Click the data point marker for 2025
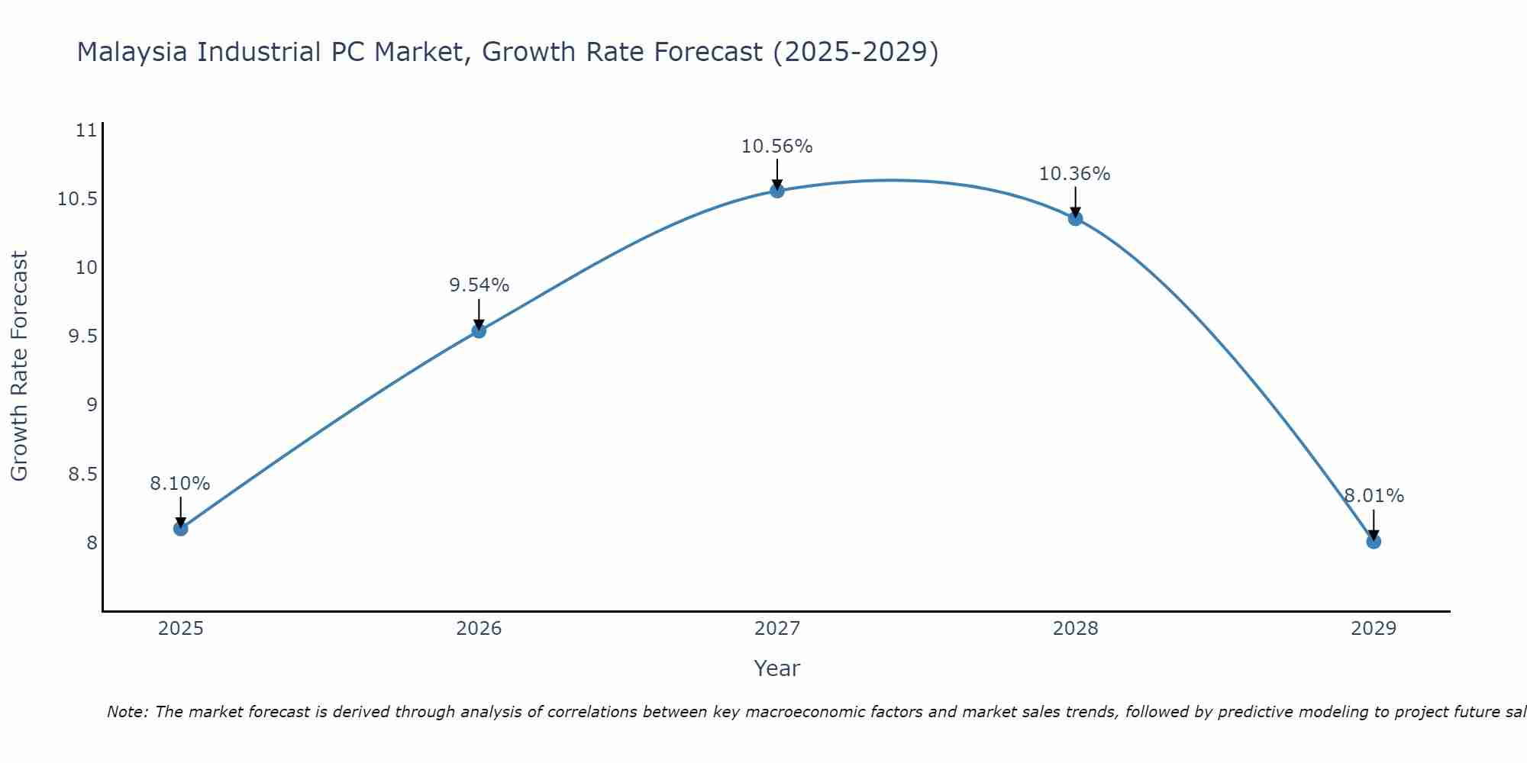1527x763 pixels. pyautogui.click(x=180, y=528)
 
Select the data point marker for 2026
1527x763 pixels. pyautogui.click(x=479, y=330)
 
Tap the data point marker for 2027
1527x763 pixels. pyautogui.click(x=777, y=191)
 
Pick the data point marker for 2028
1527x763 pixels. pyautogui.click(x=1075, y=218)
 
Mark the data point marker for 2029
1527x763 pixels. pyautogui.click(x=1374, y=542)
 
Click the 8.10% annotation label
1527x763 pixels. pyautogui.click(x=180, y=484)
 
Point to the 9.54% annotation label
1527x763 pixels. pyautogui.click(x=479, y=285)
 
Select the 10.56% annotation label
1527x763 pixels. pyautogui.click(x=777, y=146)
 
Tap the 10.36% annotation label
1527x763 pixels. pyautogui.click(x=1075, y=174)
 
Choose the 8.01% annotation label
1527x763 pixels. pyautogui.click(x=1374, y=496)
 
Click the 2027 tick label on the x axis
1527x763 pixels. pyautogui.click(x=777, y=629)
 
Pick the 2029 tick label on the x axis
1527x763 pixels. pyautogui.click(x=1374, y=629)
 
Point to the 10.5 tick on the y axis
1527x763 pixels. pyautogui.click(x=77, y=199)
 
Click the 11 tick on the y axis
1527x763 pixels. pyautogui.click(x=87, y=130)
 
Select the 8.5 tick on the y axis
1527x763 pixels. pyautogui.click(x=82, y=474)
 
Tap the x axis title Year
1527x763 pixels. pyautogui.click(x=777, y=668)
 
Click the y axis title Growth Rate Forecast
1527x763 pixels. pyautogui.click(x=19, y=365)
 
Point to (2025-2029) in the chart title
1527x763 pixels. pyautogui.click(x=855, y=52)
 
